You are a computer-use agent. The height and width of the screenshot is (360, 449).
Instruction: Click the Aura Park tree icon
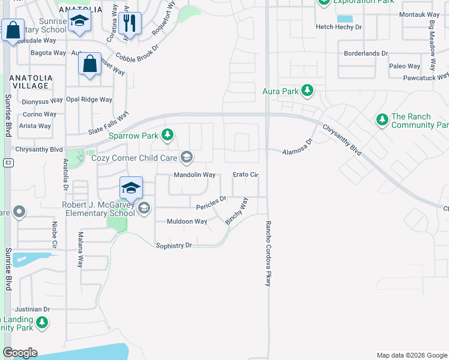click(307, 91)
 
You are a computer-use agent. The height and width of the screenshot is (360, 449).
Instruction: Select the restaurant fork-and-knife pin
click(130, 23)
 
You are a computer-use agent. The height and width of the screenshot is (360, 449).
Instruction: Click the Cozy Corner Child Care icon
click(187, 158)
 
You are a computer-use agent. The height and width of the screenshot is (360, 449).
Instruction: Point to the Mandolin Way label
click(194, 175)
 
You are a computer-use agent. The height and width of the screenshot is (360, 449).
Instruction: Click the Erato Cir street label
click(246, 175)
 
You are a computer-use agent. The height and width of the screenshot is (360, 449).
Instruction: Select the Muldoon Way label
click(187, 221)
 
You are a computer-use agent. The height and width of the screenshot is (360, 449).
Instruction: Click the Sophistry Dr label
click(173, 245)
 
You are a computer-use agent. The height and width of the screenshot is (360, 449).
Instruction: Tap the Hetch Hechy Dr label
click(339, 27)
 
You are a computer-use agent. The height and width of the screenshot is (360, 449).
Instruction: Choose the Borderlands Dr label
click(366, 53)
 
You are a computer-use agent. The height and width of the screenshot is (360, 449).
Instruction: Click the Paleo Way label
click(405, 66)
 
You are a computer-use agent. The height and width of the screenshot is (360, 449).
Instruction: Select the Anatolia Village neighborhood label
click(26, 82)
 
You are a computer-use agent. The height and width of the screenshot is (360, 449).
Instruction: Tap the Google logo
click(20, 352)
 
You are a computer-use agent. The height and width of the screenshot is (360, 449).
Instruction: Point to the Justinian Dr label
click(33, 310)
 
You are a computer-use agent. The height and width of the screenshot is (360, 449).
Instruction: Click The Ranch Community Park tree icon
click(382, 120)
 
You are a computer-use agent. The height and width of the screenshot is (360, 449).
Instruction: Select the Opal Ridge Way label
click(89, 100)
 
